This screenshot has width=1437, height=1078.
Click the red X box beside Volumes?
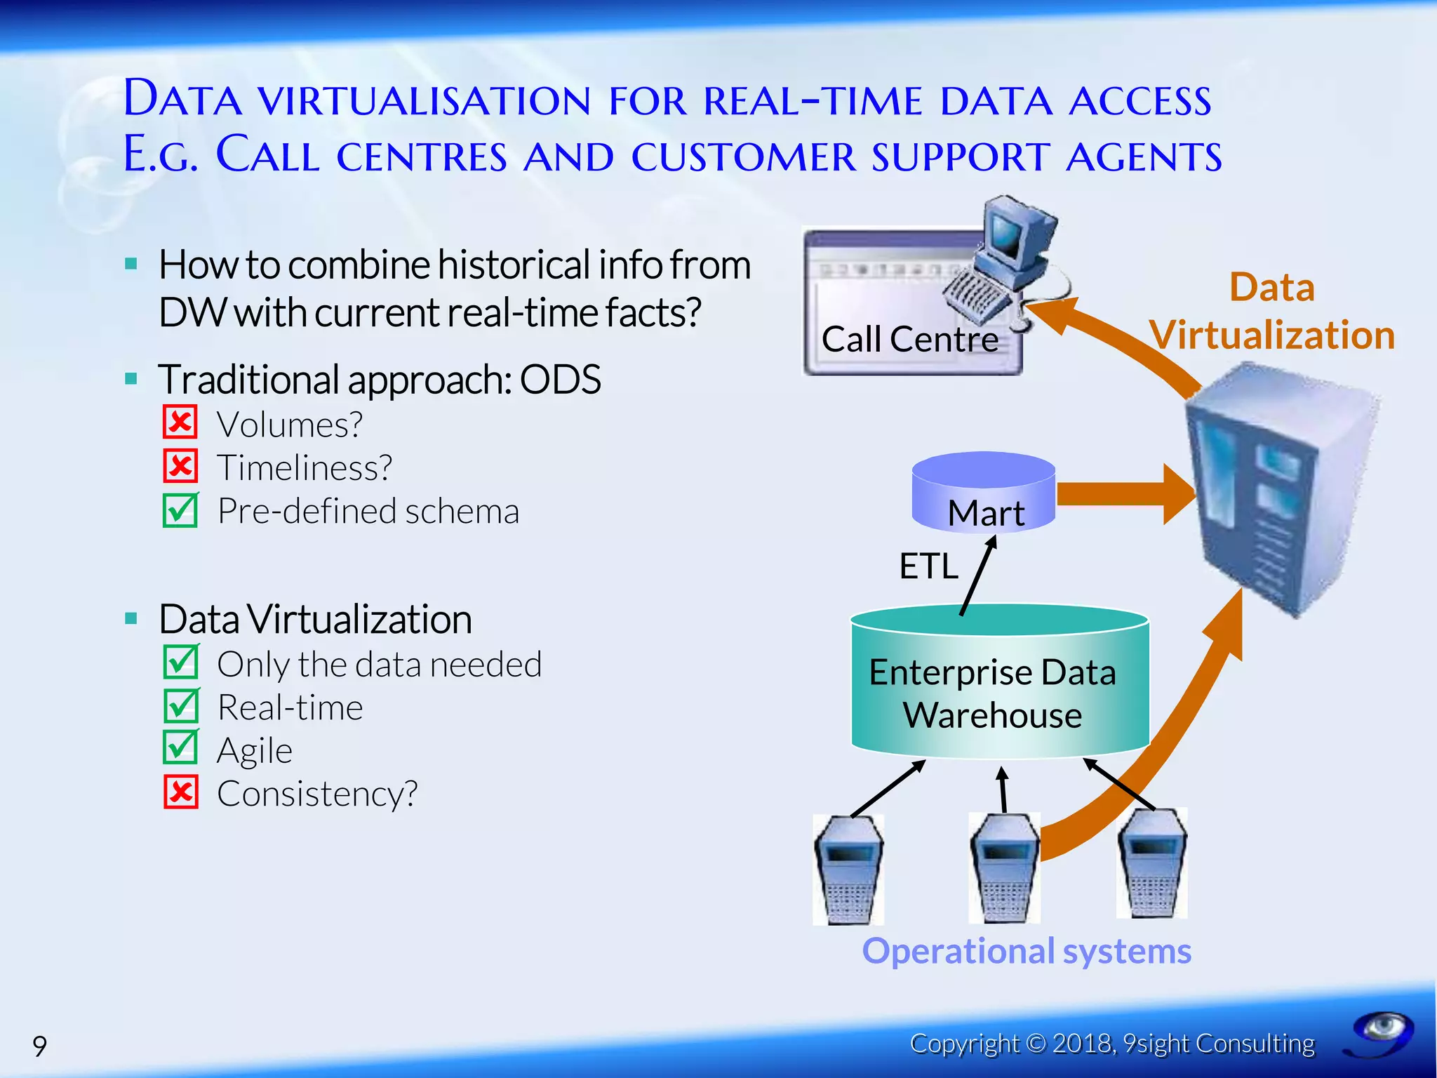tap(180, 422)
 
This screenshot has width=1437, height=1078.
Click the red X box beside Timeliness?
tap(180, 466)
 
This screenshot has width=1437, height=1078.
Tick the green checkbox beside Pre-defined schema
tap(180, 510)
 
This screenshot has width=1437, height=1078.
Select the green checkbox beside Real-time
tap(180, 706)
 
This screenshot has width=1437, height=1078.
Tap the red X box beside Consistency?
tap(180, 792)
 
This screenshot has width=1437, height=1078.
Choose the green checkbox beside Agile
tap(180, 748)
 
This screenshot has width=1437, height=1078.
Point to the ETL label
tap(928, 566)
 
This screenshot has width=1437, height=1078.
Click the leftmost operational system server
tap(848, 870)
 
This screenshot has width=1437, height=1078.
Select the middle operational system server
tap(1004, 869)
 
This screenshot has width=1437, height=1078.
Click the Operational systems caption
tap(1026, 952)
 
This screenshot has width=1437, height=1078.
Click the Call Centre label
tap(909, 340)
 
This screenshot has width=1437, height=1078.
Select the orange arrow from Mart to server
tap(1123, 494)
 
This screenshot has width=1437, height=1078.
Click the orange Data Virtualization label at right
tap(1271, 312)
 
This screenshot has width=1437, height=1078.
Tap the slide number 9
tap(40, 1046)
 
